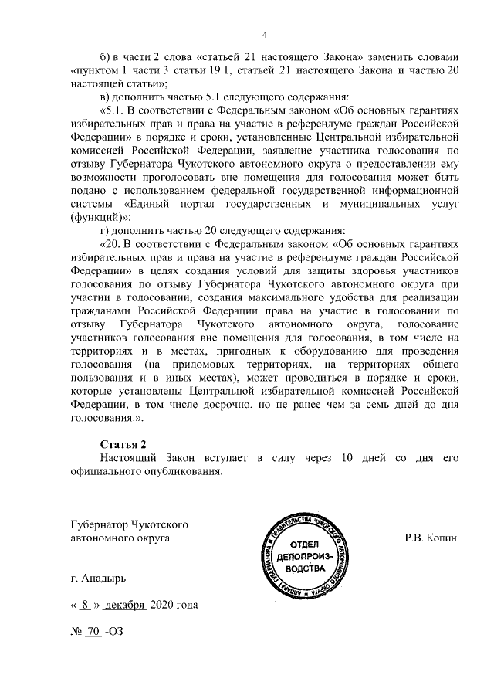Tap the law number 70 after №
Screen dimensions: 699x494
click(93, 631)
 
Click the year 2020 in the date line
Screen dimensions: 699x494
click(164, 605)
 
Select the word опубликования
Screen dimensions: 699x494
click(184, 471)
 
